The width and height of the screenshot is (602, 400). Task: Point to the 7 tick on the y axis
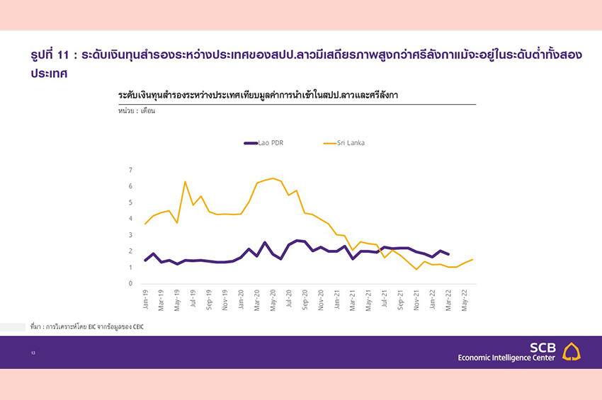point(130,170)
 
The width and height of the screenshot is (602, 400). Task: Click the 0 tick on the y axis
point(130,284)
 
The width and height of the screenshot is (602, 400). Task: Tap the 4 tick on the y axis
point(130,219)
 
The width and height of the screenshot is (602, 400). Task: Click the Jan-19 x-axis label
point(145,298)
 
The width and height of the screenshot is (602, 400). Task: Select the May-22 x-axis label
point(465,298)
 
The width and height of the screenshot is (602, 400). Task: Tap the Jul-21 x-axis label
point(385,298)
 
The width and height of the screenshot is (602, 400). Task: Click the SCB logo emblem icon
point(571,352)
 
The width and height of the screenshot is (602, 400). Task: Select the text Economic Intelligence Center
point(507,359)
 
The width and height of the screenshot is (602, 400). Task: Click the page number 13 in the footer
point(33,353)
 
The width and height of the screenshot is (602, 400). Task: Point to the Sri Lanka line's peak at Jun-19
point(186,182)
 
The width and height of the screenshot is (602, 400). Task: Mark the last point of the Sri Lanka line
point(472,260)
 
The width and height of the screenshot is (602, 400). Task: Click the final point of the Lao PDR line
point(448,253)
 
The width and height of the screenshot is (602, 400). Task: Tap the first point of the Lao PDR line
point(145,261)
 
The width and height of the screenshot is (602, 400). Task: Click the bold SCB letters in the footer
point(543,348)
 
